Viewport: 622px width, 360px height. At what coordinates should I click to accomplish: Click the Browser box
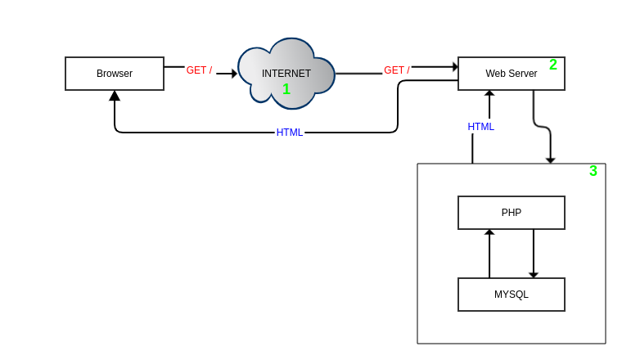coord(115,74)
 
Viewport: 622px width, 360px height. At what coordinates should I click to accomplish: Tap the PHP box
coord(512,213)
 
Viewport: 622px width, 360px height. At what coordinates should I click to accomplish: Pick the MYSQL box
coord(512,295)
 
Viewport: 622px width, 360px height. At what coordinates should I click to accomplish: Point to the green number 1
coord(286,89)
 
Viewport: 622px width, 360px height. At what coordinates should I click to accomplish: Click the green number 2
coord(553,65)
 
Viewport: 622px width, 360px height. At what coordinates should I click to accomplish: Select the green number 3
coord(593,171)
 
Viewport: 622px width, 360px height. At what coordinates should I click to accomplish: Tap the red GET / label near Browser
coord(199,70)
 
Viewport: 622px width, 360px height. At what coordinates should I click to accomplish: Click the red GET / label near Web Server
coord(397,70)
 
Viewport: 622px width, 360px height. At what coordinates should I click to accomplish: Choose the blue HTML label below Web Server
coord(481,127)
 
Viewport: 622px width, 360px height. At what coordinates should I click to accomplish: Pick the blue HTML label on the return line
coord(290,133)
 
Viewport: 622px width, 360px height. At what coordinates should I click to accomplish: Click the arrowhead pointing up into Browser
coord(115,96)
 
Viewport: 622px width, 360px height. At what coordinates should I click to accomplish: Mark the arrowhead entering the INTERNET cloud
coord(234,74)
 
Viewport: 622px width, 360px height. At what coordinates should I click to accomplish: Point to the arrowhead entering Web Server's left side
coord(455,66)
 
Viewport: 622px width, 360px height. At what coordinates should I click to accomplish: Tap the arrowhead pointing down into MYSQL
coord(534,275)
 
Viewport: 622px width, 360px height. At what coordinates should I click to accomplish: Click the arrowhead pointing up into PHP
coord(489,232)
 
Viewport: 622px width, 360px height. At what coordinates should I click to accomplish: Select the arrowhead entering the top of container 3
coord(550,160)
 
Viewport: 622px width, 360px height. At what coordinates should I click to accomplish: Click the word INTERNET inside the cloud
coord(286,74)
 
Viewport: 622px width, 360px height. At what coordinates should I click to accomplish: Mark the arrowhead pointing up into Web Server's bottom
coord(489,93)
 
